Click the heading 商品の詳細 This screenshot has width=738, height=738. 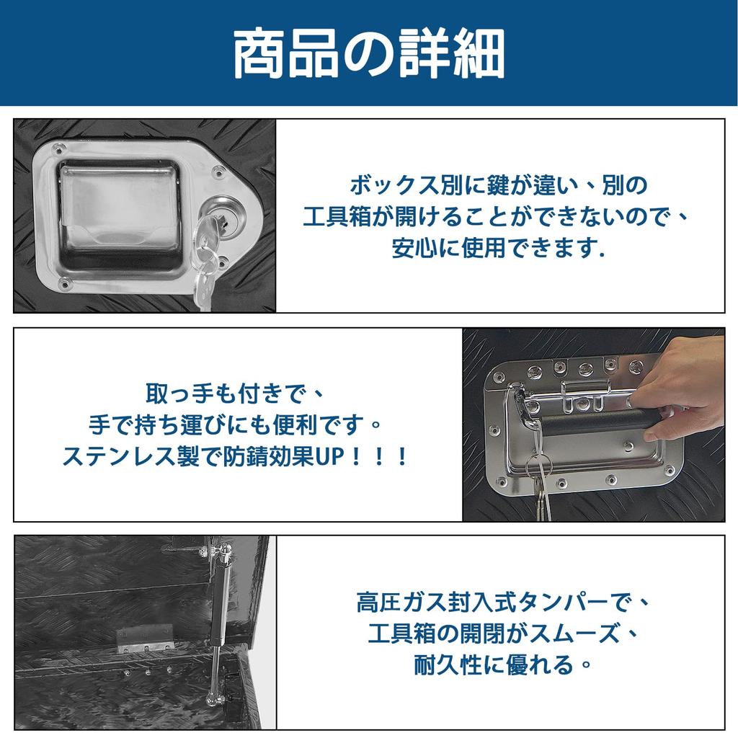tap(368, 54)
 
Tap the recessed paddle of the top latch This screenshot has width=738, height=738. tap(119, 216)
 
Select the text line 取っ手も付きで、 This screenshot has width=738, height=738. tap(236, 394)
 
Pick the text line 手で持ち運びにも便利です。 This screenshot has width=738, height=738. tap(236, 425)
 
